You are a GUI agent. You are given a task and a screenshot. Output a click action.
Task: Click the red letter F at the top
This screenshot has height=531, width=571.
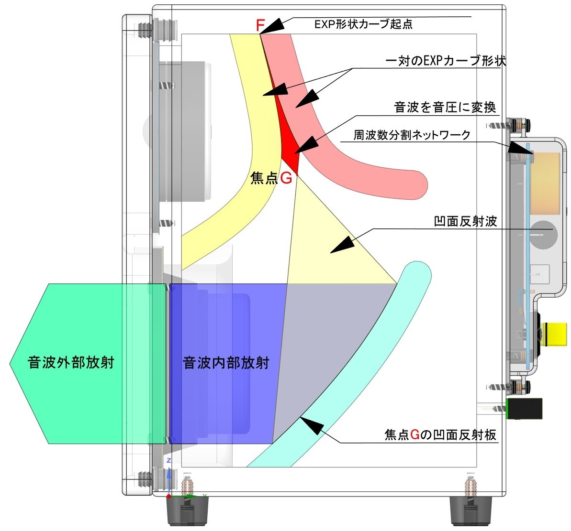[260, 25]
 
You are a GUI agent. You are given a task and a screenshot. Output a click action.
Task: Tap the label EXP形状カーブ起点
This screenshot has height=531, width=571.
[363, 24]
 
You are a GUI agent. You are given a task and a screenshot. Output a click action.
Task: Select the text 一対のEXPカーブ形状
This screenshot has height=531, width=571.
[446, 61]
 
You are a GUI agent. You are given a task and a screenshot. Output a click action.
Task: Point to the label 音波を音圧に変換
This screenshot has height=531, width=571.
[445, 107]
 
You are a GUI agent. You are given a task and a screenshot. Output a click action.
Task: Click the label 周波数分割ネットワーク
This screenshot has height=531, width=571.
[412, 135]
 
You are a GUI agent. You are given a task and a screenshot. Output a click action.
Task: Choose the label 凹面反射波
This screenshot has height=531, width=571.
[465, 221]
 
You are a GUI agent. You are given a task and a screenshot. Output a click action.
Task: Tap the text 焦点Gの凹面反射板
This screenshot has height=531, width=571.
[440, 434]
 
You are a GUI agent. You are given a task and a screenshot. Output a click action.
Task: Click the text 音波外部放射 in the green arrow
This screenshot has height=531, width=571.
[71, 363]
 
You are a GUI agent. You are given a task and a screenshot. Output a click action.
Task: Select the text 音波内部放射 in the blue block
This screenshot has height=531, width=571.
[226, 363]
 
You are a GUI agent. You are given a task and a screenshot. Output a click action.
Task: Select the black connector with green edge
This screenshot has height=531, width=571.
[525, 409]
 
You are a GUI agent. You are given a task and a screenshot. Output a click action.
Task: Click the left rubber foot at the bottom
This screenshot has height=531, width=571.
[188, 511]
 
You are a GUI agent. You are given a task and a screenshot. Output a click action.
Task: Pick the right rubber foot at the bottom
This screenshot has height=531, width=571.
[470, 511]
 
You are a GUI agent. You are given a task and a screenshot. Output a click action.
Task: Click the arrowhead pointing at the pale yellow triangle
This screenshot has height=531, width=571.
[342, 245]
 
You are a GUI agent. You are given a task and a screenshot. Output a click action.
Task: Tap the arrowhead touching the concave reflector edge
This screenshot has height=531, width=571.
[312, 425]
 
